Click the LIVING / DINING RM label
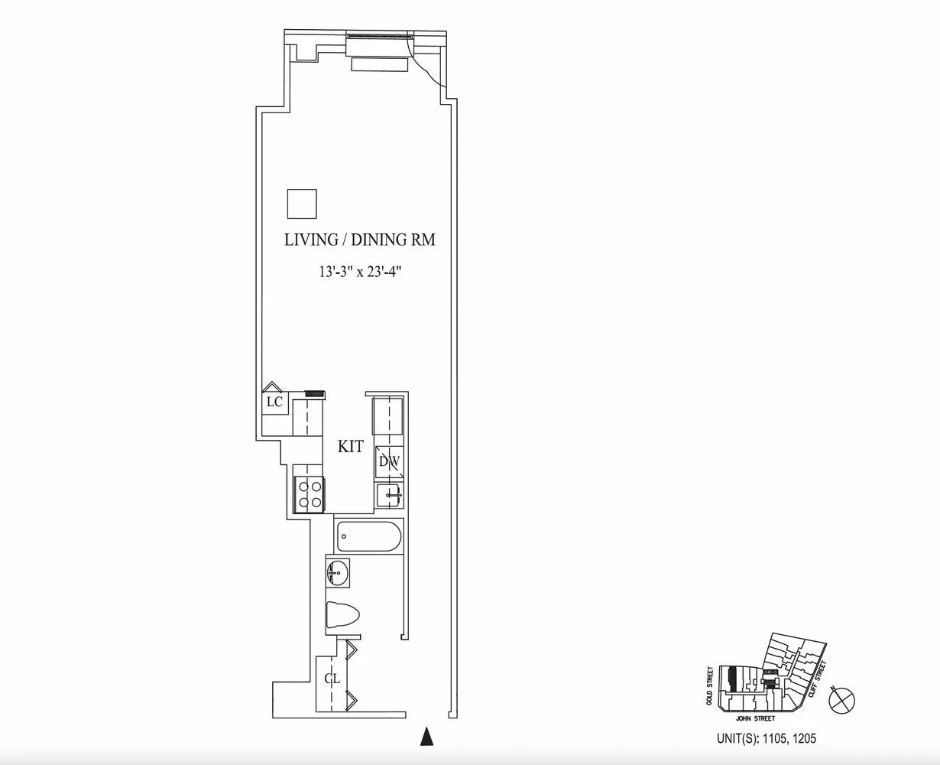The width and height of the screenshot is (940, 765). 359,239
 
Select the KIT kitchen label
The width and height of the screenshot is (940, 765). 351,447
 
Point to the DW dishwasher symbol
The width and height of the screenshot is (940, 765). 388,462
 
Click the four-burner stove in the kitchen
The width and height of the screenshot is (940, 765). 310,493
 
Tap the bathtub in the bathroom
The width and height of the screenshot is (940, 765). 368,537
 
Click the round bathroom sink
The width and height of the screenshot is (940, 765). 338,571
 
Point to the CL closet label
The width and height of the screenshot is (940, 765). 331,679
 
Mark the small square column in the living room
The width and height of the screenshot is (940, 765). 302,203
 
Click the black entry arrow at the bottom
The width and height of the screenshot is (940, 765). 428,736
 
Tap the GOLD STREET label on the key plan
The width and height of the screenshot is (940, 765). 711,685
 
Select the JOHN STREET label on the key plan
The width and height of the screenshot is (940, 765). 755,719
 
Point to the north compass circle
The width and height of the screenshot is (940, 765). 844,698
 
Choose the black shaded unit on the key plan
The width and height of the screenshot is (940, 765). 732,679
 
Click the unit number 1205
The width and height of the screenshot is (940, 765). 792,740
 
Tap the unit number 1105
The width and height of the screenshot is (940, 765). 765,740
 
